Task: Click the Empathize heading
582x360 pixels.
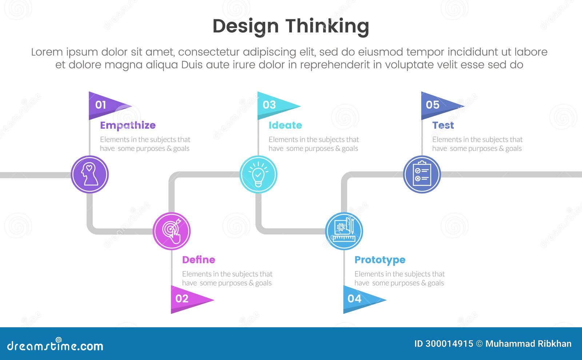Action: coord(128,125)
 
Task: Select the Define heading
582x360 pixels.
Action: coord(199,260)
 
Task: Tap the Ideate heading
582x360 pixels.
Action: coord(285,125)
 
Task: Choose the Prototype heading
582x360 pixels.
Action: coord(380,260)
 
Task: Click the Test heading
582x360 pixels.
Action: coord(443,125)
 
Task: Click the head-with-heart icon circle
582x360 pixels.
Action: coord(89,174)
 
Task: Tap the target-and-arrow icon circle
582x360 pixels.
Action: coord(172,231)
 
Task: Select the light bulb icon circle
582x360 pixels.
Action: coord(258,174)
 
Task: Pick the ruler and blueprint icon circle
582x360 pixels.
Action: coord(344,231)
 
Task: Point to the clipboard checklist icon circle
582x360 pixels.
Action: coord(422,174)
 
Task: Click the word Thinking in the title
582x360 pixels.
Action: coord(327,27)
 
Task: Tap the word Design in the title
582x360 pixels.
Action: coord(246,27)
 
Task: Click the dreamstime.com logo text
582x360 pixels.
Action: coord(55,345)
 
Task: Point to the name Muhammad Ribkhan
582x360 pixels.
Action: coord(528,344)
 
